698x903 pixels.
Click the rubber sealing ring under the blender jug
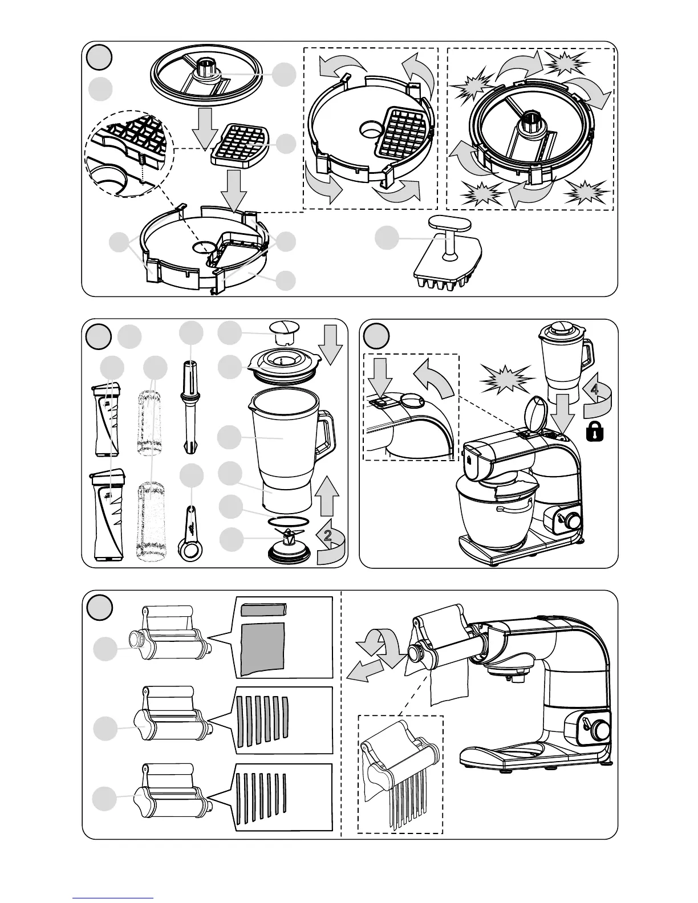click(x=290, y=521)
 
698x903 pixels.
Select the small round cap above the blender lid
click(x=283, y=331)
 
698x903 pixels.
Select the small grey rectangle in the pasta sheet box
click(x=263, y=609)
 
